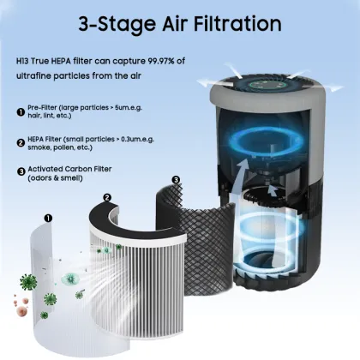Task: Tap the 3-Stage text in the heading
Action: click(x=115, y=26)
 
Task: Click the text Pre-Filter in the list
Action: click(x=47, y=108)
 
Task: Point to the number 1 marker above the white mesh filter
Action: click(x=48, y=219)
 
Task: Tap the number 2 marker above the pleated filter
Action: click(x=107, y=198)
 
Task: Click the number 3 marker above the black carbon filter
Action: click(x=176, y=180)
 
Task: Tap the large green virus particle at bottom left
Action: click(x=49, y=299)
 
